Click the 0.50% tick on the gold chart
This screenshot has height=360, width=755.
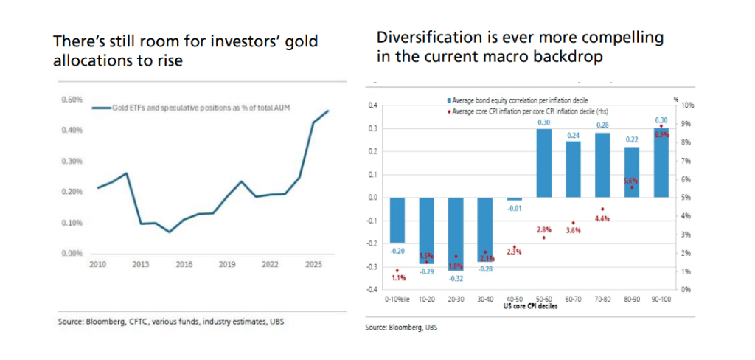71,99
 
